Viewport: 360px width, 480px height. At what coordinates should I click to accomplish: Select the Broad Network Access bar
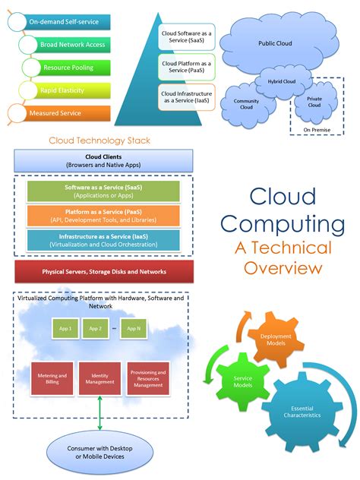(x=72, y=45)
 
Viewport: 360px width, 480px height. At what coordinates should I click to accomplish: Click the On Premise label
(x=316, y=129)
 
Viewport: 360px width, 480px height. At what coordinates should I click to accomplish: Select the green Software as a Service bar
(x=103, y=191)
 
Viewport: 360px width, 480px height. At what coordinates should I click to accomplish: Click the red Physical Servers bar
(x=103, y=271)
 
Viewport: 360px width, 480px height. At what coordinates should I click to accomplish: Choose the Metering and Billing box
(x=52, y=379)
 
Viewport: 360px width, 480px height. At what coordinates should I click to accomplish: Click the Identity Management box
(x=99, y=379)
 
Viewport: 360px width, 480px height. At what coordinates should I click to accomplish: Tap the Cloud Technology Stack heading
(x=99, y=141)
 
